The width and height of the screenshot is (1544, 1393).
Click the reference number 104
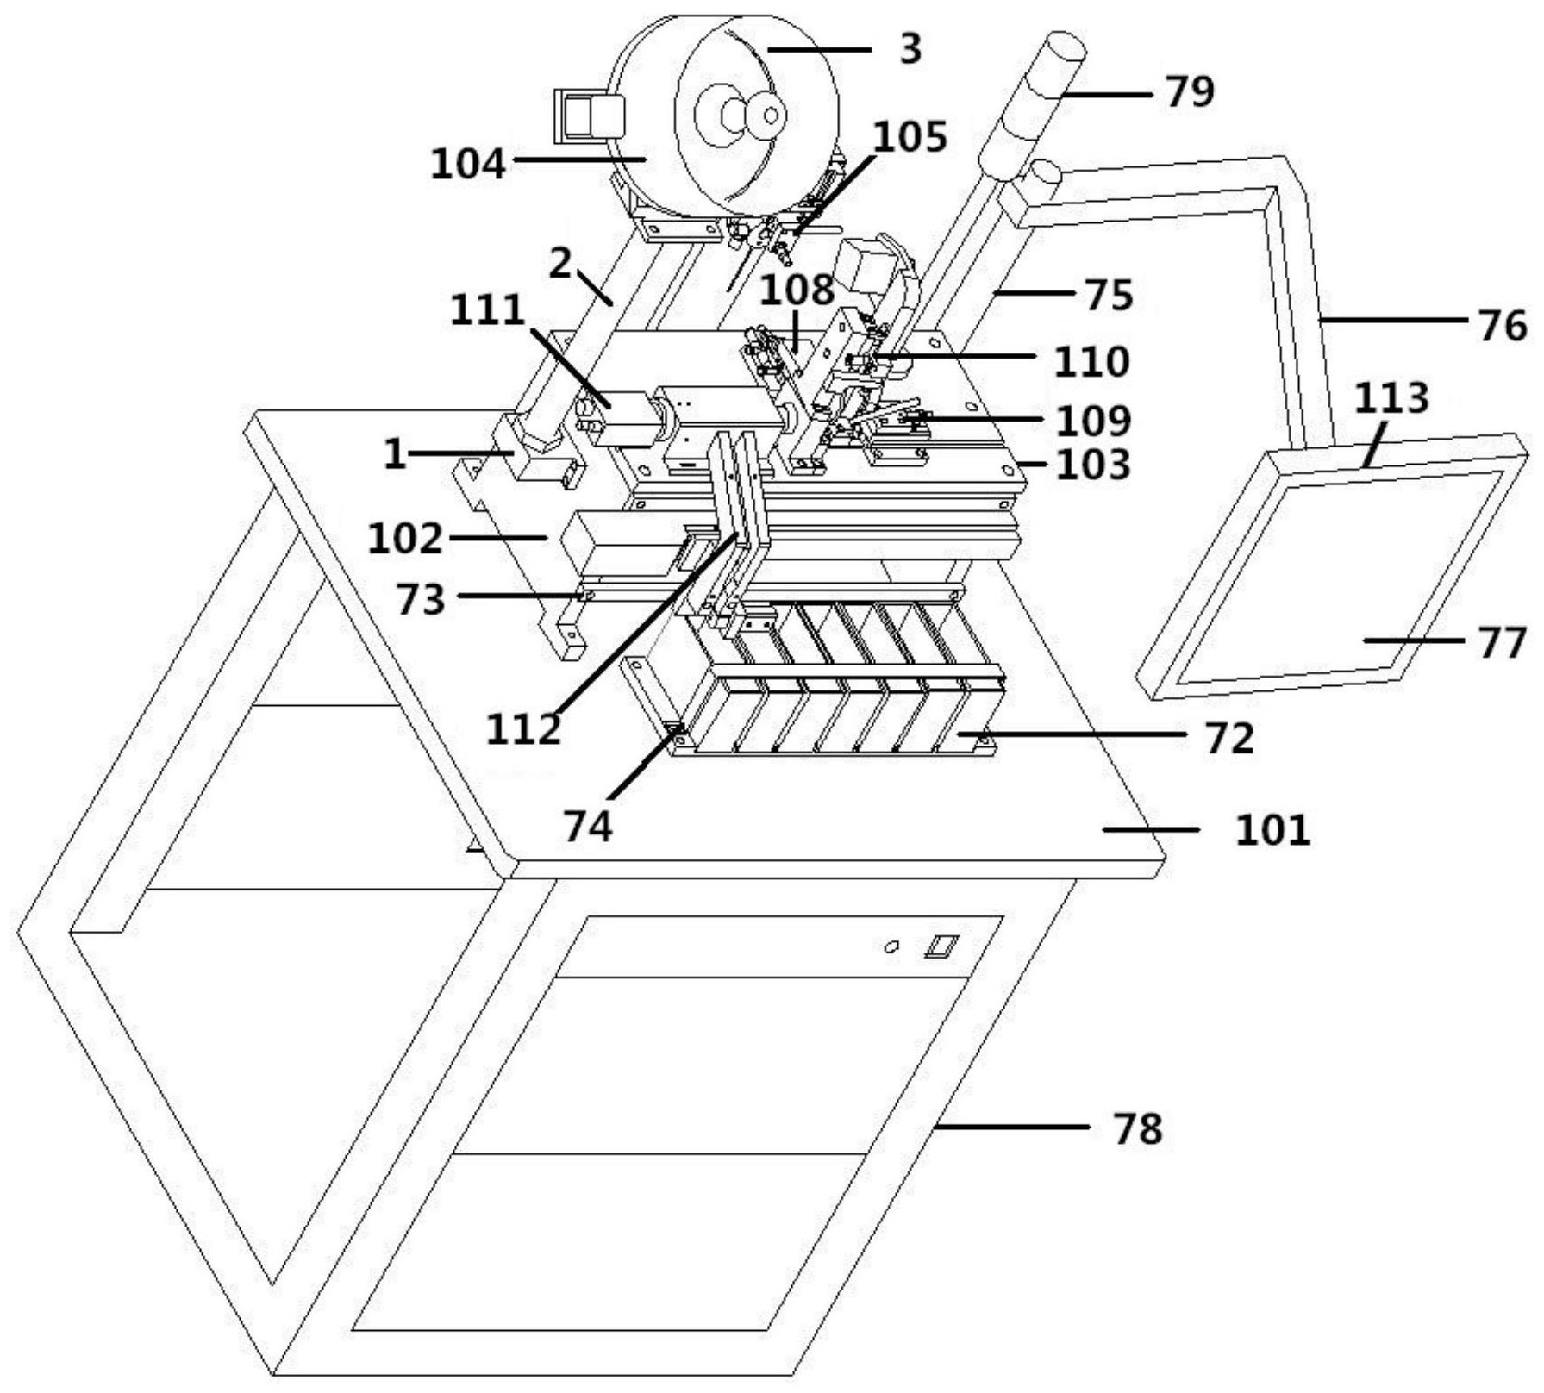468,163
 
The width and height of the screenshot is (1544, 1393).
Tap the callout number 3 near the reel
910,50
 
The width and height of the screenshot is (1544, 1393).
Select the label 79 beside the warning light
1190,91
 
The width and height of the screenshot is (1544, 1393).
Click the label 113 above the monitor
1391,398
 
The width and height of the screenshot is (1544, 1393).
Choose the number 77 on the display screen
1503,642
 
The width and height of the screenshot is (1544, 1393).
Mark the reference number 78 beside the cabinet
1138,1128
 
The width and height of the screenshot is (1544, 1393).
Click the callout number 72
1228,739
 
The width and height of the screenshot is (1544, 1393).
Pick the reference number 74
588,826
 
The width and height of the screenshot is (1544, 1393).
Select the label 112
523,729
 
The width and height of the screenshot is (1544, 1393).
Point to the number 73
421,599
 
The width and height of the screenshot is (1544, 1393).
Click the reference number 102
404,540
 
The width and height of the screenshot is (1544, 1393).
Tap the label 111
487,310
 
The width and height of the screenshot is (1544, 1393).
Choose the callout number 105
910,136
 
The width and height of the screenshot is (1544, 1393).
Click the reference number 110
1091,362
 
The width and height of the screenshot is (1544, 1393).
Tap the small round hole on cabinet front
892,946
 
